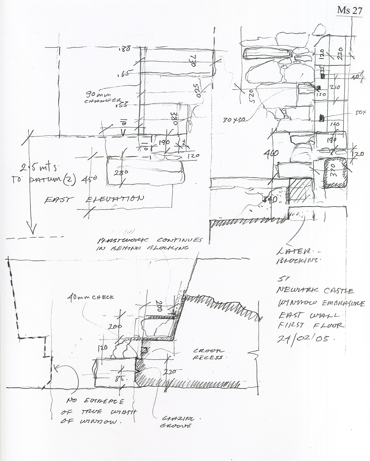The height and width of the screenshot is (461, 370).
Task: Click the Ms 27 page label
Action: click(349, 11)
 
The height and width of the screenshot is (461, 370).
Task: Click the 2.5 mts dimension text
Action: click(39, 167)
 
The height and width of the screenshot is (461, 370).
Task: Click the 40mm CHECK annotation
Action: click(91, 297)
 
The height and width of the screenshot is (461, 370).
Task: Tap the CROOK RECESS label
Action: click(208, 354)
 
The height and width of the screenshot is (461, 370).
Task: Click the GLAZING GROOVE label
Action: click(178, 422)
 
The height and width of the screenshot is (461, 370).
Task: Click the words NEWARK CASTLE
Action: click(315, 291)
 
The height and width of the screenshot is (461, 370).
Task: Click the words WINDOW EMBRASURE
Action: click(321, 303)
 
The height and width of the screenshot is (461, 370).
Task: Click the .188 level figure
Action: click(124, 49)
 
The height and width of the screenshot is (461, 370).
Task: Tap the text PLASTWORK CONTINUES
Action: click(149, 241)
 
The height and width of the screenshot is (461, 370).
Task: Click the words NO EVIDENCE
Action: click(95, 401)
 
